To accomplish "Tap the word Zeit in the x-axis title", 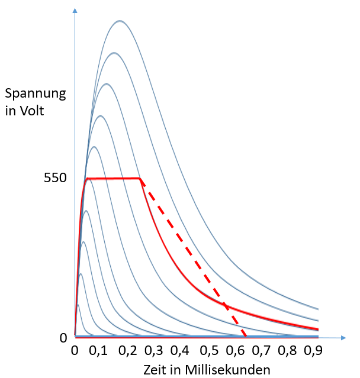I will click(x=155, y=369).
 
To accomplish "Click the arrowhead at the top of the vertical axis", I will click(x=75, y=12).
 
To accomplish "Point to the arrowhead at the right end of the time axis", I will click(x=343, y=338).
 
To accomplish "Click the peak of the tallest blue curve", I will click(x=120, y=21).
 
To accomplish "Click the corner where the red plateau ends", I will click(x=141, y=178).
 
